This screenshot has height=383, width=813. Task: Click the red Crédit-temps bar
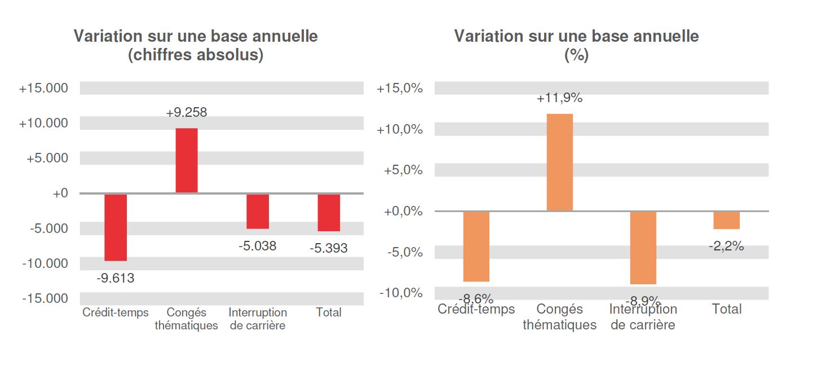[116, 227]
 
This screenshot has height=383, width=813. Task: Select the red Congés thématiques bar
[187, 161]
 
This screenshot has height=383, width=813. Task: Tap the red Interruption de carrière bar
[258, 211]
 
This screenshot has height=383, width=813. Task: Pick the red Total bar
[329, 212]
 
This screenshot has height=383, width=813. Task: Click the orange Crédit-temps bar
[476, 246]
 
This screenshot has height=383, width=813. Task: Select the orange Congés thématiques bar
[560, 162]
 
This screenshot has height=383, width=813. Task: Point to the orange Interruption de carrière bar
[643, 248]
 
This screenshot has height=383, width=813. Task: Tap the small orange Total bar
[727, 220]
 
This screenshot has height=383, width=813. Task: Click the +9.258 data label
[187, 112]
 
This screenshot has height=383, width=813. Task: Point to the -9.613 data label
[116, 278]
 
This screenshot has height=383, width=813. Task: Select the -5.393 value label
[329, 248]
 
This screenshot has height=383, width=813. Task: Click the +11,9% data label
[560, 98]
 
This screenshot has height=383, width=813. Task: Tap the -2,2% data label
[727, 246]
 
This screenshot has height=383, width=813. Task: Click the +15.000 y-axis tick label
[43, 89]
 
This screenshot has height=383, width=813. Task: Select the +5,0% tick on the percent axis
[404, 170]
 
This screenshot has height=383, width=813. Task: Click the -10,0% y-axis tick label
[401, 293]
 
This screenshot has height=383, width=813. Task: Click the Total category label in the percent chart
[727, 309]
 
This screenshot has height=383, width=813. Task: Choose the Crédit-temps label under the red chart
[116, 312]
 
